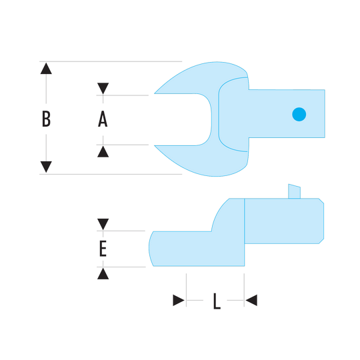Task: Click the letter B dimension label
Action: click(x=46, y=119)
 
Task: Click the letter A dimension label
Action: click(x=103, y=119)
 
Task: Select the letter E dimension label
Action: click(x=103, y=249)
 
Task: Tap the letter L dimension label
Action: click(x=217, y=301)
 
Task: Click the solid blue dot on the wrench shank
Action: click(x=299, y=114)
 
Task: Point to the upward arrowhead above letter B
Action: click(x=46, y=69)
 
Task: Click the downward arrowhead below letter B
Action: click(x=46, y=167)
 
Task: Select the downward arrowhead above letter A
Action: click(x=103, y=89)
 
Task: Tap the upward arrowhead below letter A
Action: click(x=103, y=151)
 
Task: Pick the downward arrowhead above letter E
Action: click(x=103, y=224)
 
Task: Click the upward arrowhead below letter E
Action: click(x=103, y=273)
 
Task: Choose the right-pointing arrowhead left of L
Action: click(x=179, y=300)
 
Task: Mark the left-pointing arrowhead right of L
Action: click(x=251, y=300)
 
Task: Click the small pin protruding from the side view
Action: click(x=295, y=191)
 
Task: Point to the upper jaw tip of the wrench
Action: click(x=155, y=93)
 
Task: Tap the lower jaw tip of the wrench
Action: click(x=155, y=145)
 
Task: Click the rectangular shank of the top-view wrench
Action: click(x=287, y=113)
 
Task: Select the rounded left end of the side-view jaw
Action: click(x=151, y=249)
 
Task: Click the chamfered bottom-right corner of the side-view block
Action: click(x=321, y=241)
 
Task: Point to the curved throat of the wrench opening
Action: click(x=209, y=119)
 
